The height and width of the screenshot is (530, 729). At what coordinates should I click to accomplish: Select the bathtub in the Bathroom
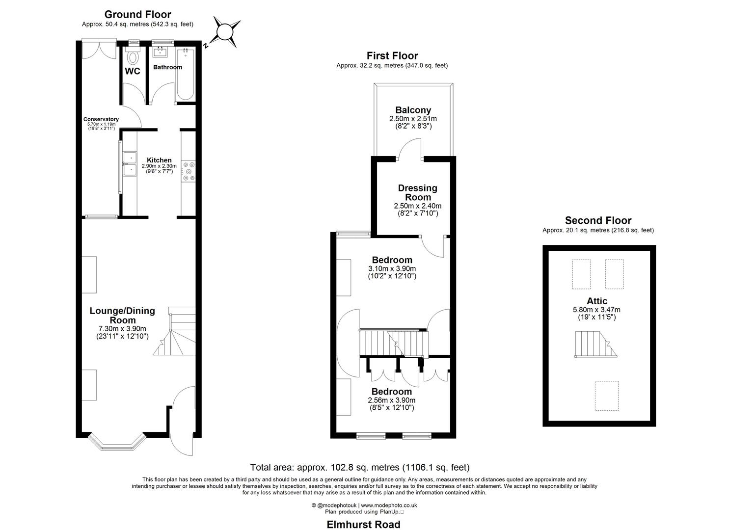coord(186,74)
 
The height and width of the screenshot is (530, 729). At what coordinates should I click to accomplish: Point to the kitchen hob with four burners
coord(189,171)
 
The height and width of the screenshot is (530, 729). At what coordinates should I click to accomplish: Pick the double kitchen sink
coord(131,164)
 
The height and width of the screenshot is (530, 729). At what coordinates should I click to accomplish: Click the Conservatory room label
coord(101,119)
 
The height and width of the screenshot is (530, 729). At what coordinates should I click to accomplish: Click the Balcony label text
coord(413,110)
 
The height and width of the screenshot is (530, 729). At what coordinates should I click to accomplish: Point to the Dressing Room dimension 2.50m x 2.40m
coord(417,206)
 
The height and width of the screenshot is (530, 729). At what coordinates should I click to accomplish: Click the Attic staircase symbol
coord(595,344)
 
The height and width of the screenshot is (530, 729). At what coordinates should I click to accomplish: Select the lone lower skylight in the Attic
coord(606,395)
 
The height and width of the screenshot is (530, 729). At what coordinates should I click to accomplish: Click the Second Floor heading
coord(598,221)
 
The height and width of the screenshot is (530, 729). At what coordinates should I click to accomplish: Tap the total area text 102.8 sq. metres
coord(360,468)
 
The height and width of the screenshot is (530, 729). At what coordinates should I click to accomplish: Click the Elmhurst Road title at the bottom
coord(363,525)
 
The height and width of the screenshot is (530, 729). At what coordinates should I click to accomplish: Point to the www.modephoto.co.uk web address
coord(389,505)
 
